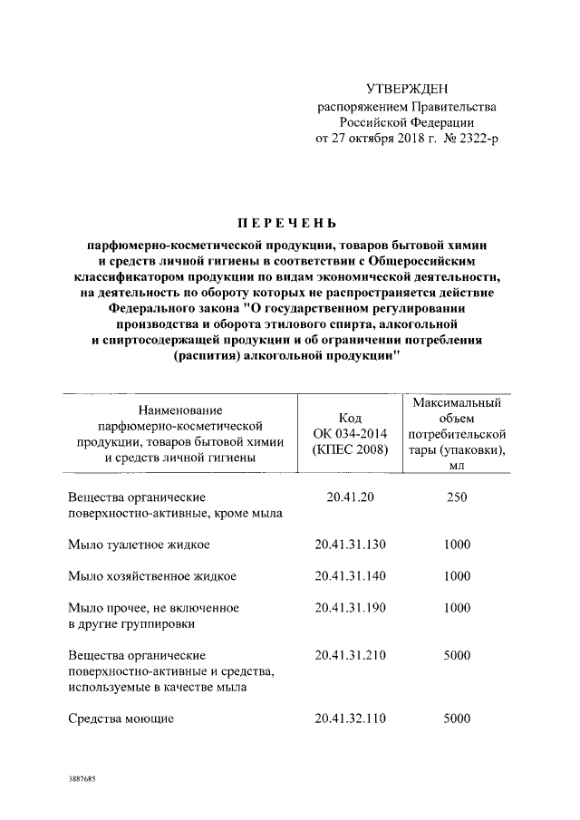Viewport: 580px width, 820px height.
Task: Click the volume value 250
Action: coord(457,497)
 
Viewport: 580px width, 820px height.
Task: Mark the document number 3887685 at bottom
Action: coord(82,779)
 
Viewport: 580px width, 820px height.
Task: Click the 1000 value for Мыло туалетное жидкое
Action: coord(457,546)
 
